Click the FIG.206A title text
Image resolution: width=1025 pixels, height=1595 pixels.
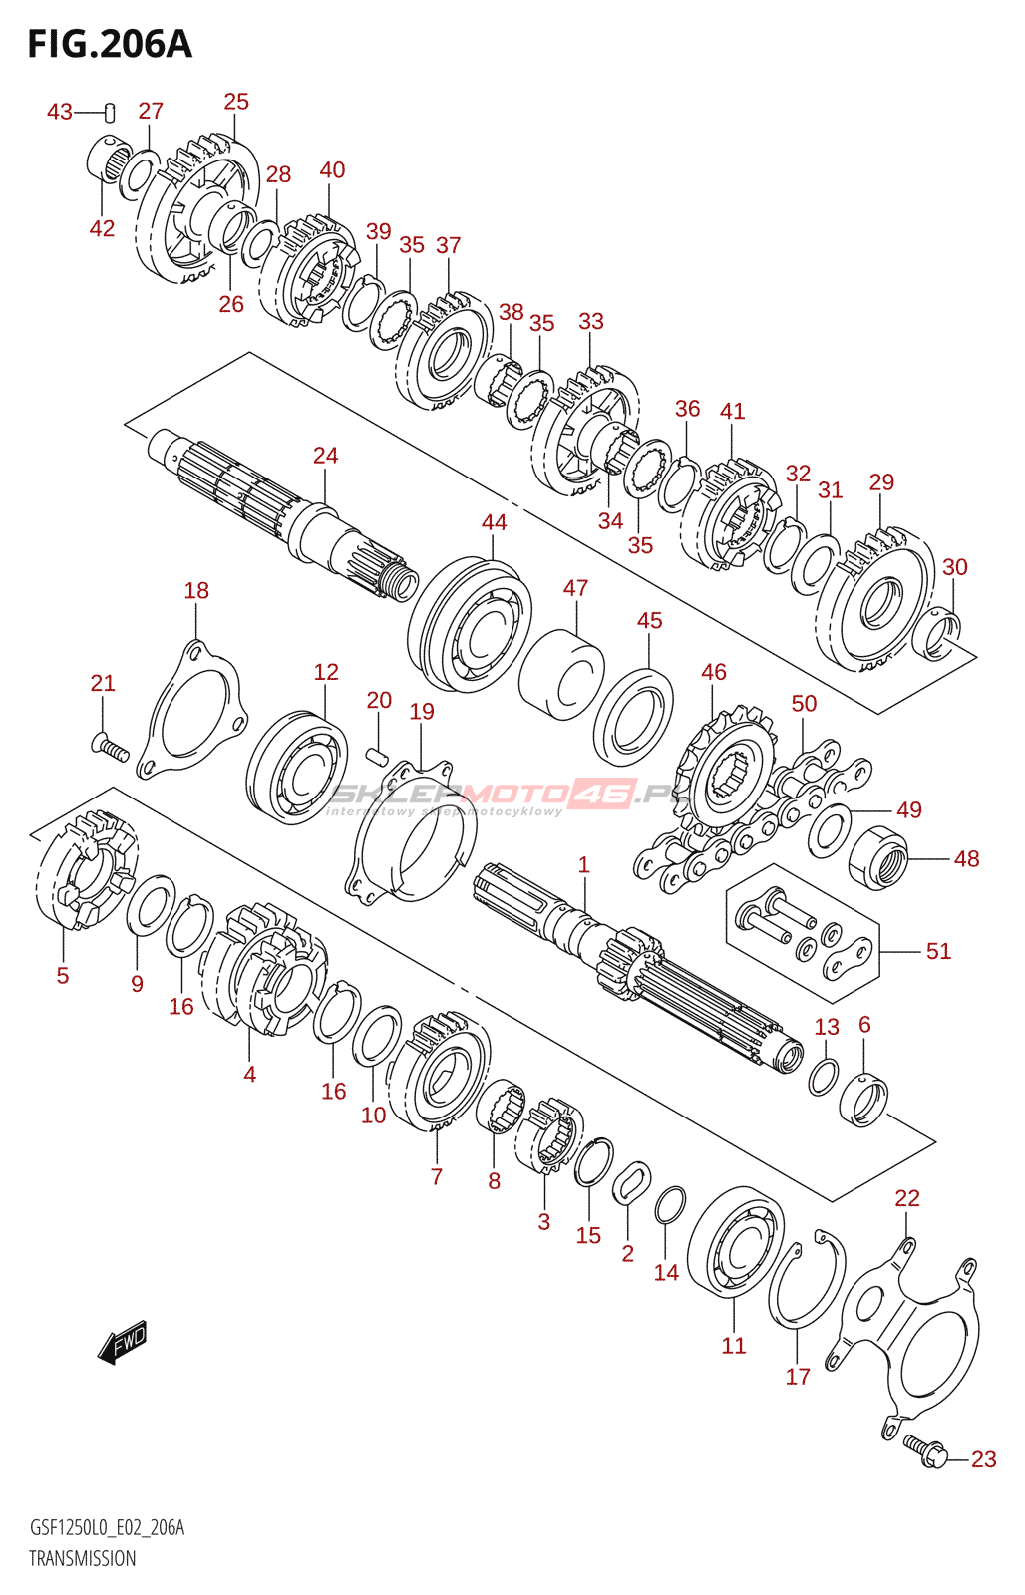point(110,44)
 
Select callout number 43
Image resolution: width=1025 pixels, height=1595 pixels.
point(59,112)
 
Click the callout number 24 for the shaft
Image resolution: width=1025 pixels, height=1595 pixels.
point(325,456)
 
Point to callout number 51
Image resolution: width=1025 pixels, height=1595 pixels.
point(938,951)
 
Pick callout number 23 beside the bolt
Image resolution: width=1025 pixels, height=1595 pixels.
point(983,1459)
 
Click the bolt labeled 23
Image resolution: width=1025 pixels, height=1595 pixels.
point(927,1450)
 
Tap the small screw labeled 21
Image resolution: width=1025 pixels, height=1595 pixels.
point(110,747)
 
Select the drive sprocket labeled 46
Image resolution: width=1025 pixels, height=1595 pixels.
point(724,774)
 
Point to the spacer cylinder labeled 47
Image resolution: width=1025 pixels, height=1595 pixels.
point(561,674)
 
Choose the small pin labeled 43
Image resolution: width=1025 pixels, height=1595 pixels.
point(110,113)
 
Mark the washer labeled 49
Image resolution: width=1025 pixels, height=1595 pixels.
point(829,830)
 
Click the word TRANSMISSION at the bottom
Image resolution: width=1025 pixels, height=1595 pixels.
point(82,1559)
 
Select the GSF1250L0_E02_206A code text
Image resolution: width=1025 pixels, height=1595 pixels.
point(107,1528)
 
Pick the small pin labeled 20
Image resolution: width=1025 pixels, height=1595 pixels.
point(376,755)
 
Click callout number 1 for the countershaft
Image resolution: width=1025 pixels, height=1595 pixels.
point(583,865)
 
